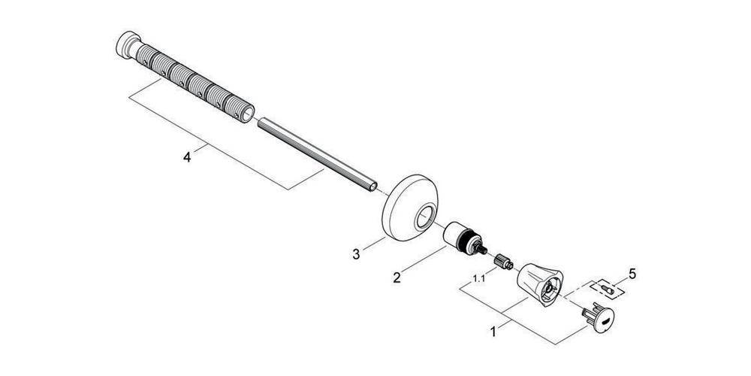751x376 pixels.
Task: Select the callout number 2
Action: [x=397, y=277]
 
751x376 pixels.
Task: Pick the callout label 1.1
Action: [x=478, y=279]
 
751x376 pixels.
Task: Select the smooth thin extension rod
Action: [x=315, y=155]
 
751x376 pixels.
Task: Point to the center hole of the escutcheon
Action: [x=426, y=217]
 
